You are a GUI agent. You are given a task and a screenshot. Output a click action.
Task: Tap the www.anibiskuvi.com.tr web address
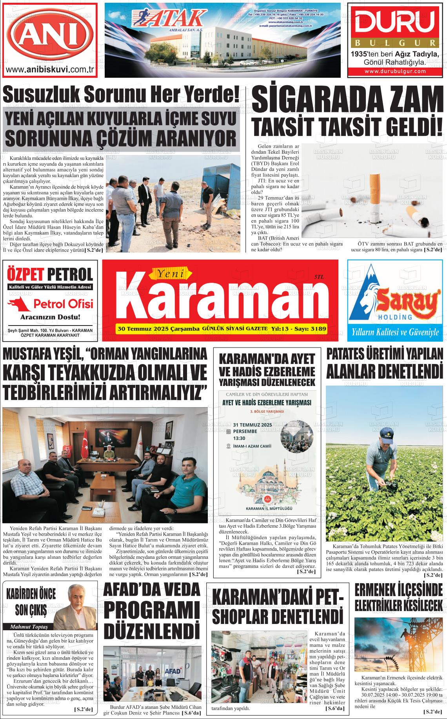[x=49, y=70]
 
